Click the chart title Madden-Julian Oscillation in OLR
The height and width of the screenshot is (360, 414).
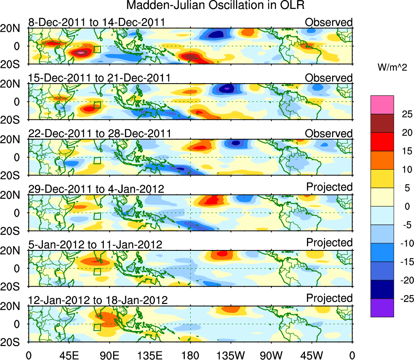coord(215,6)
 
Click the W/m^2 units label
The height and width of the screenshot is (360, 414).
coord(392,68)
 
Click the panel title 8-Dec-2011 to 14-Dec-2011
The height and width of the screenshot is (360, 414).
coord(97,22)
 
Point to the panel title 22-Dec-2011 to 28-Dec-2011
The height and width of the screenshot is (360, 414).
coord(99,134)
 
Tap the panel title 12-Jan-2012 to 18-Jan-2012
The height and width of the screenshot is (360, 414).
coord(98,300)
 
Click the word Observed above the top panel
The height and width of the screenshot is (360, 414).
coord(329,22)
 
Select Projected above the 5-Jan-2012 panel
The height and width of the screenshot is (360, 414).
coord(329,243)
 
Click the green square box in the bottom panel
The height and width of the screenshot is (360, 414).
coord(97,327)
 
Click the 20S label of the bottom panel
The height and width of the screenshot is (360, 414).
coord(13,342)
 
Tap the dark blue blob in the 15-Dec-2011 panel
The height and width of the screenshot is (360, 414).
coord(226,88)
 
